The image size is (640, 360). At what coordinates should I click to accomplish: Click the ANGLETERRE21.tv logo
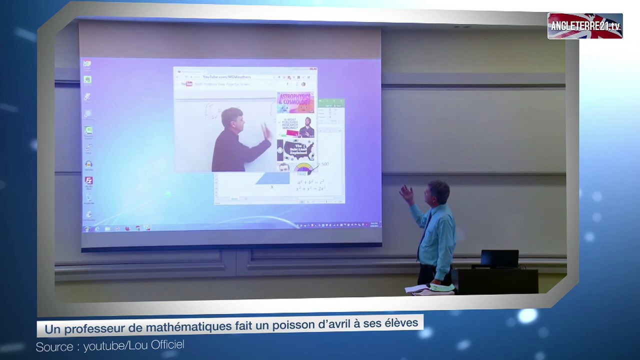[x=584, y=26]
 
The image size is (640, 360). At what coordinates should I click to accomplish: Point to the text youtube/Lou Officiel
[x=133, y=345]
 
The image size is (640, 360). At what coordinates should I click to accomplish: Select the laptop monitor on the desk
[x=499, y=258]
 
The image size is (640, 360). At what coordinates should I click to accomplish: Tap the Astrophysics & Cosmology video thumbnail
[x=295, y=102]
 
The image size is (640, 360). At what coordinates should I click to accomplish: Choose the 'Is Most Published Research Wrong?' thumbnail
[x=295, y=127]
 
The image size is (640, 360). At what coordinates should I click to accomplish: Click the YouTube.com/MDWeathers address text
[x=226, y=77]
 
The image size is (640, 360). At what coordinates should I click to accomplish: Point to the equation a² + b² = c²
[x=310, y=182]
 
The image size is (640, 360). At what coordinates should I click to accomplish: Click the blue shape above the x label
[x=273, y=178]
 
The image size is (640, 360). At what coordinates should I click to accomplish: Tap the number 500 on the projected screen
[x=324, y=164]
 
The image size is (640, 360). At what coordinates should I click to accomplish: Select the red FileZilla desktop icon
[x=88, y=180]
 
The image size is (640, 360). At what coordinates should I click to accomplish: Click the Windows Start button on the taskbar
[x=86, y=229]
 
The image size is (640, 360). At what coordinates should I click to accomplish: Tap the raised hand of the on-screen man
[x=266, y=131]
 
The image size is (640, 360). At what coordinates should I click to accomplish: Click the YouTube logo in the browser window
[x=187, y=84]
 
